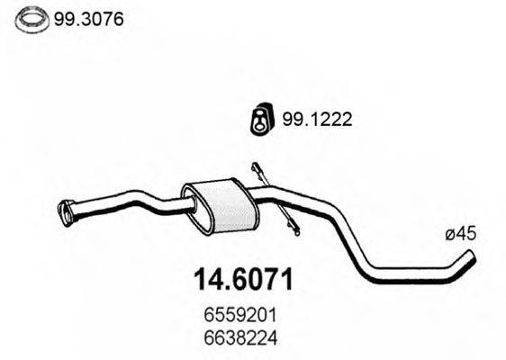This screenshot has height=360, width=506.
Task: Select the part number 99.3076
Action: [88, 20]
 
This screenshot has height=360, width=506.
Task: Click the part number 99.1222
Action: [317, 120]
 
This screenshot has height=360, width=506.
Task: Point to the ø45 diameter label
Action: [460, 233]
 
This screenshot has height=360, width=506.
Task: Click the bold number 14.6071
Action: [243, 279]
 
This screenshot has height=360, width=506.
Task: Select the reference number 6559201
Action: [240, 315]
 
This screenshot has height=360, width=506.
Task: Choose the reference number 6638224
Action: [240, 338]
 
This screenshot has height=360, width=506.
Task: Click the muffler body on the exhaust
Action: [221, 205]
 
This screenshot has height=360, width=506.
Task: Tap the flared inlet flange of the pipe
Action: [66, 213]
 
